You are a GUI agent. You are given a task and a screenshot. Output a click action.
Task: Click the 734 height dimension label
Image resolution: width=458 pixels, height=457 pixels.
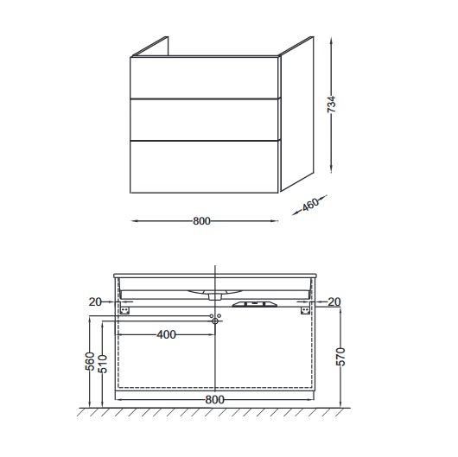[331, 104]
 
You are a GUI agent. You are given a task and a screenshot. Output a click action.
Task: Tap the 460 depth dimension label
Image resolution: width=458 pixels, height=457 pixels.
[310, 205]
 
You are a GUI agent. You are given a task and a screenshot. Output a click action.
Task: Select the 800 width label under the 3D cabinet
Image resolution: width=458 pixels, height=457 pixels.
[201, 221]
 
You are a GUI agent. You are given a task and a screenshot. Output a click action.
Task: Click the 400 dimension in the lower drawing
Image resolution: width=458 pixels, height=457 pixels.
[167, 334]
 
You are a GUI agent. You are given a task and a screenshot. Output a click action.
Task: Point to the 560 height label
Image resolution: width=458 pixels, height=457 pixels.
[90, 361]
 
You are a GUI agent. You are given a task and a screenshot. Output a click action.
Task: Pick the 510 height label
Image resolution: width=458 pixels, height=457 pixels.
[103, 364]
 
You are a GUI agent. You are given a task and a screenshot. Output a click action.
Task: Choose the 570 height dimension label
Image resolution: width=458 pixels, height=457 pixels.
[340, 357]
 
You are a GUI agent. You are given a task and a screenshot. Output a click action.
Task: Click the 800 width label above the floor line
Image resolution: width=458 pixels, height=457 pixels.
[214, 399]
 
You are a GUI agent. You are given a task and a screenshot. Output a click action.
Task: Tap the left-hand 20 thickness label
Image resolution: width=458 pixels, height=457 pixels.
[95, 302]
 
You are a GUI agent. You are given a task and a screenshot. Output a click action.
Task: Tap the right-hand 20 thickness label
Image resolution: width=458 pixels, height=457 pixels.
[334, 302]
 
